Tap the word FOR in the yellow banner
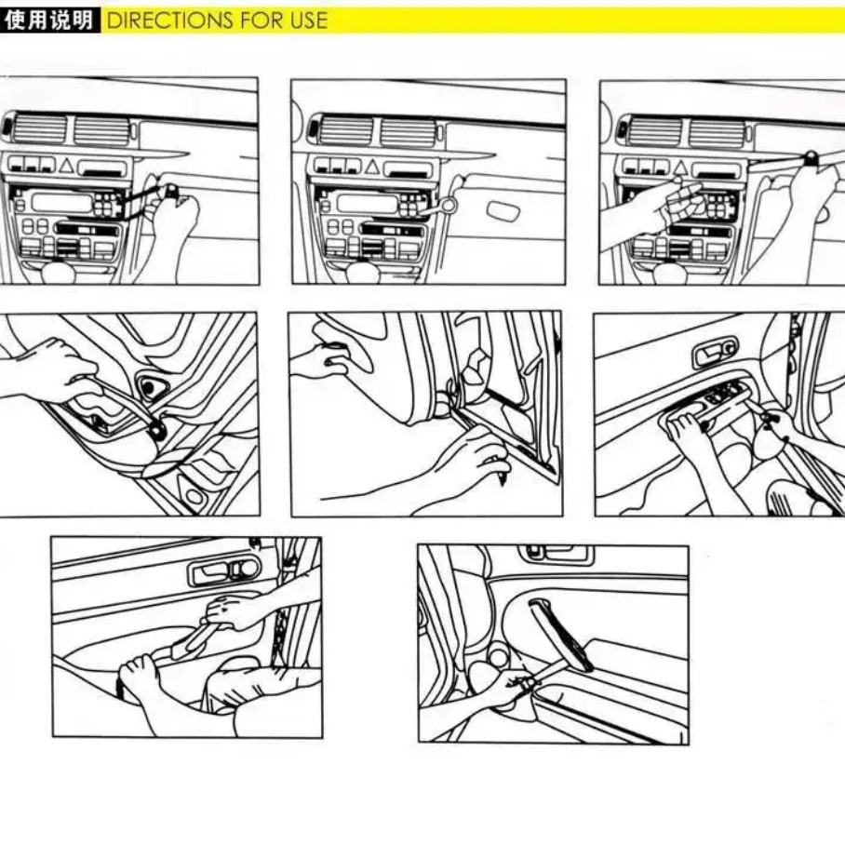(262, 20)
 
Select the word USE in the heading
(308, 20)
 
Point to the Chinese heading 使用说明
(48, 20)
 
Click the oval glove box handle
(503, 210)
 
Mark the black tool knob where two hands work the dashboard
(810, 158)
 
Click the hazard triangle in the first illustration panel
(66, 166)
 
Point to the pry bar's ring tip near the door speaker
(158, 429)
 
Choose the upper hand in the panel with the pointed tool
(323, 358)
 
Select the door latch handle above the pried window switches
(715, 354)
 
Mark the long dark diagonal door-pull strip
(560, 635)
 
